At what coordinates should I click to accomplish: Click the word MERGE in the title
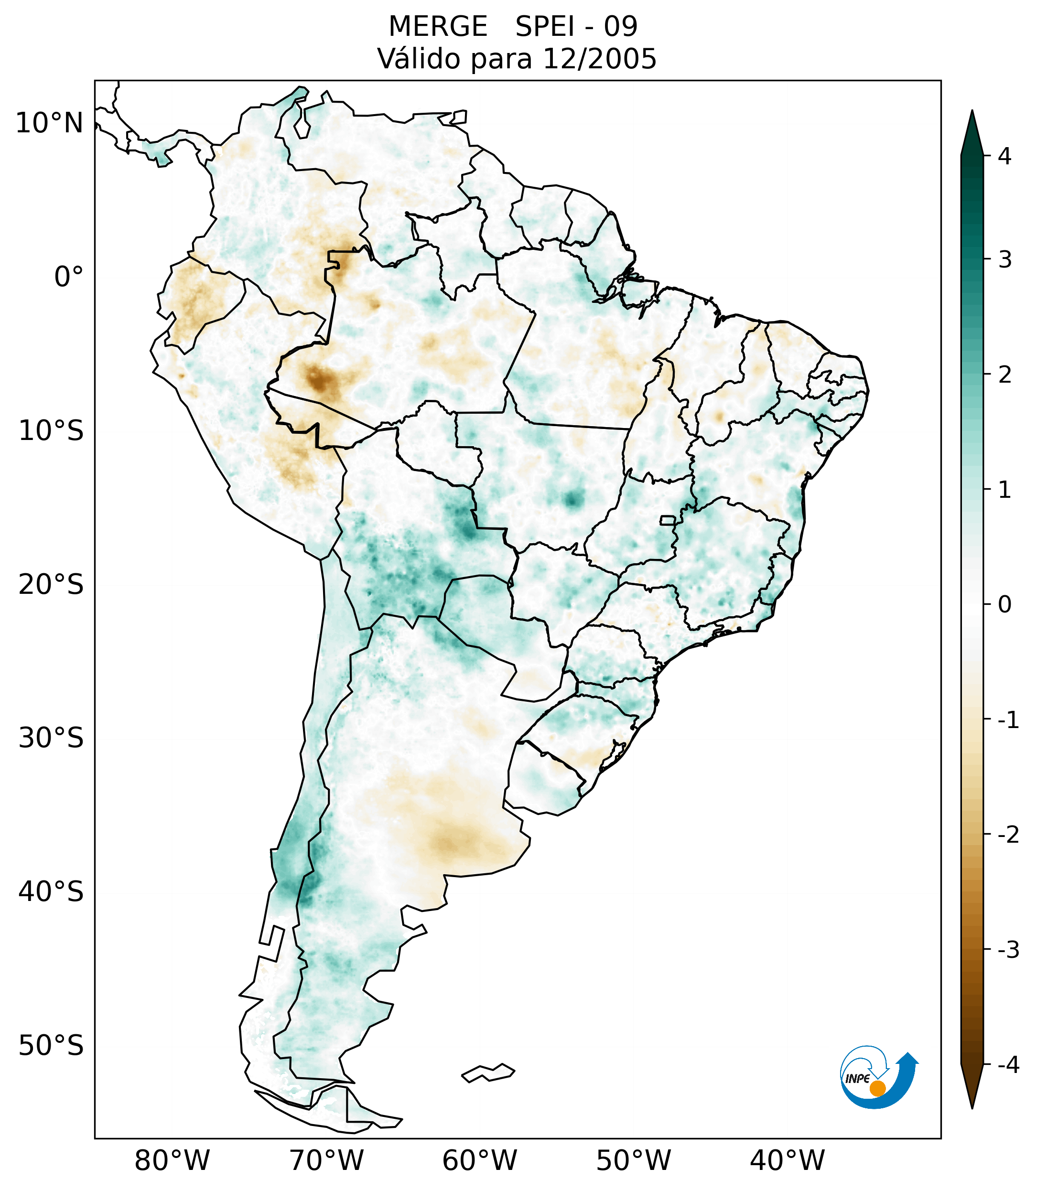coord(437,27)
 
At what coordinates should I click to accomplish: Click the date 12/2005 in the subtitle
coord(599,59)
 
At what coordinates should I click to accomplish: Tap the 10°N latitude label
coord(50,123)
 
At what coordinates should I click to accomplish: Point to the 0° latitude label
coord(69,277)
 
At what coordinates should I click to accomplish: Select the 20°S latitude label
coord(51,585)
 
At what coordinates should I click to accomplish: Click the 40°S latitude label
coord(51,892)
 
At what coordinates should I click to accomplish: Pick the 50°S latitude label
coord(51,1046)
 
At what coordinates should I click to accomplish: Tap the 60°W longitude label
coord(479,1161)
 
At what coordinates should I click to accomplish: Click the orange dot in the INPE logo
coord(877,1088)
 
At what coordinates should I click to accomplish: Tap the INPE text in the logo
coord(857,1079)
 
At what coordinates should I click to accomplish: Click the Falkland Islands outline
coord(488,1072)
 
